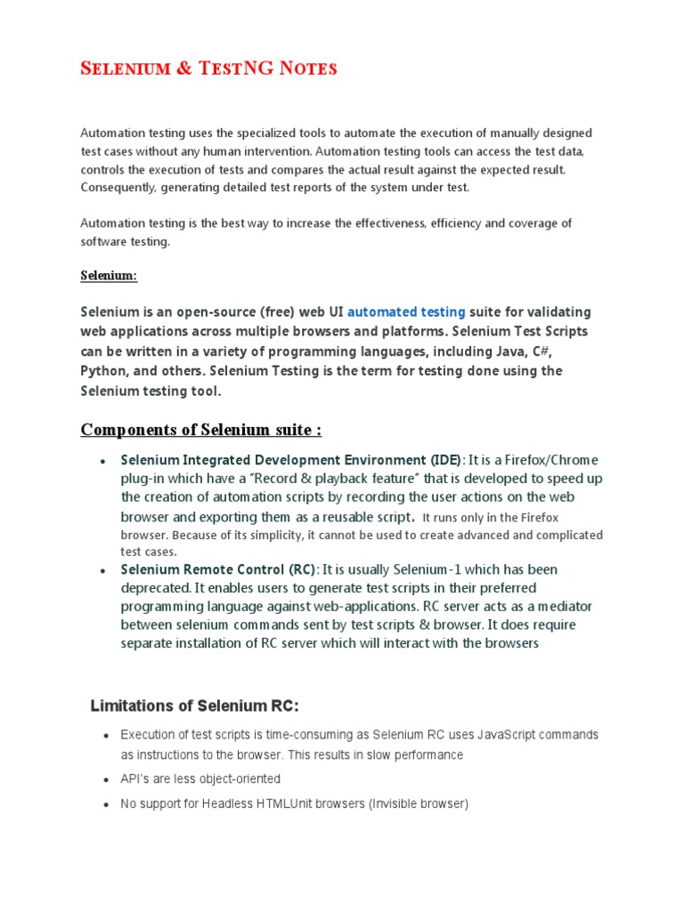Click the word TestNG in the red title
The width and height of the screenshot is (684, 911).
(223, 68)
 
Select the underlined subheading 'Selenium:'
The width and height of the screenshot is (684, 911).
(109, 276)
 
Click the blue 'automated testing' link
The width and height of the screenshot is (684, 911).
(406, 312)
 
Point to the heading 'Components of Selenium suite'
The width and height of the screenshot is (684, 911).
(200, 431)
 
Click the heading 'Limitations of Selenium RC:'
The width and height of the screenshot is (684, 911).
(194, 705)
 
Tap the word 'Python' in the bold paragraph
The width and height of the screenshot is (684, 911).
(103, 371)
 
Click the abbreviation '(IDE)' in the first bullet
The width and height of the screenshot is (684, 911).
(444, 460)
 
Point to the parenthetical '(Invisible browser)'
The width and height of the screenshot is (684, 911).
(409, 803)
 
